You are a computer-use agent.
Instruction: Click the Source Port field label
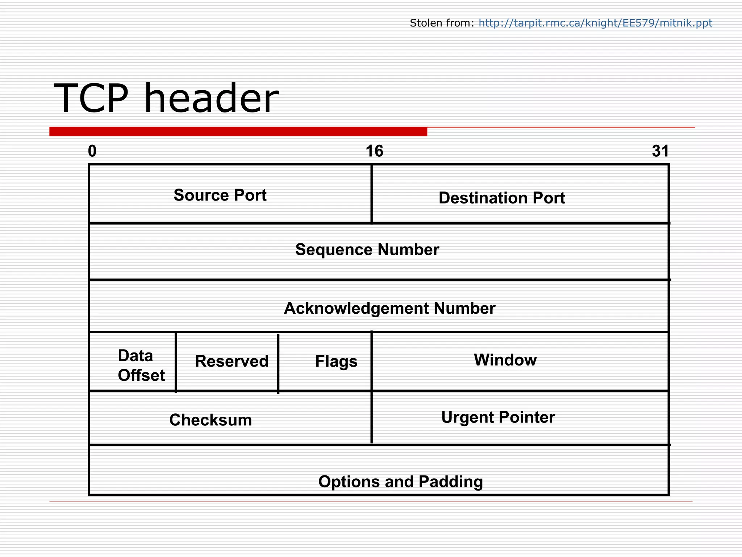point(220,195)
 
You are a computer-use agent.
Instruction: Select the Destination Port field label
point(502,198)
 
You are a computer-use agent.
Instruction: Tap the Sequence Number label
point(367,250)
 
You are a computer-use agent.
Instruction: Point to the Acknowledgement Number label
point(389,309)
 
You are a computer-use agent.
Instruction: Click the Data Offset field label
point(141,366)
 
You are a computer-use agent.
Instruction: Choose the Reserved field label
point(232,361)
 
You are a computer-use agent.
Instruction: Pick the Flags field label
point(336,362)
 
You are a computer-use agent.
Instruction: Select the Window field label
point(505,360)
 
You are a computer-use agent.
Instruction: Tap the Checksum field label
point(210,420)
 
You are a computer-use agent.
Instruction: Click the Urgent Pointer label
point(498,417)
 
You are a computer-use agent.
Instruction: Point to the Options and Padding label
point(400,482)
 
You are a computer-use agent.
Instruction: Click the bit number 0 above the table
point(92,151)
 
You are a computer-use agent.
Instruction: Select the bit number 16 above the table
point(374,151)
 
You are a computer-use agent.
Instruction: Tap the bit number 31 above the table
point(660,151)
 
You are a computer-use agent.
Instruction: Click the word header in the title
point(211,99)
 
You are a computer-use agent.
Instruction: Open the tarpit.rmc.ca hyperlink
point(595,23)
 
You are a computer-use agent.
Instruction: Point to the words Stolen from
point(442,23)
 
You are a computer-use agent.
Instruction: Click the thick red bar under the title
point(238,132)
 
